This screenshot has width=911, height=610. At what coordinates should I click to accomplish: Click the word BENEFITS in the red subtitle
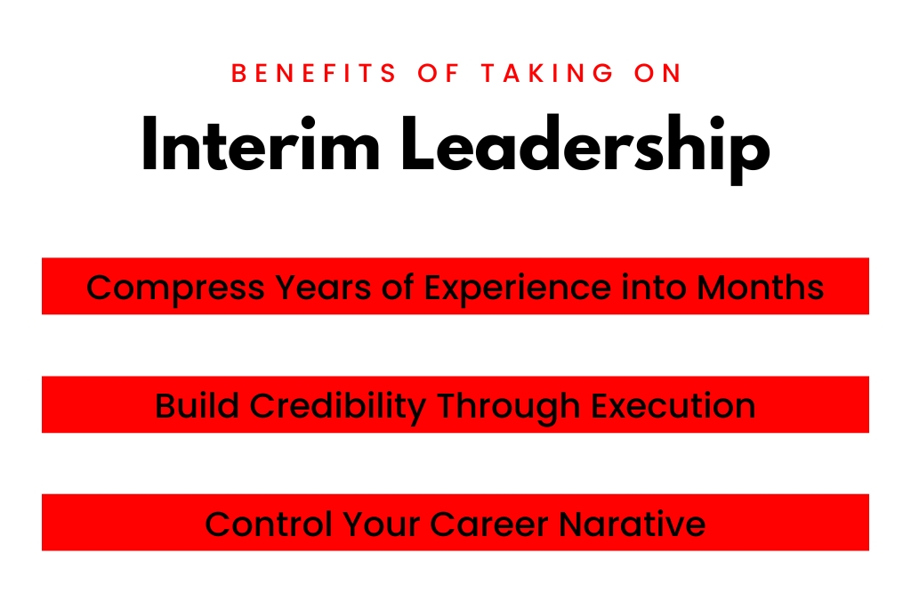(x=314, y=73)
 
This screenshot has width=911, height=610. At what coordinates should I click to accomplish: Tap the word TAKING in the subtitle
(x=547, y=73)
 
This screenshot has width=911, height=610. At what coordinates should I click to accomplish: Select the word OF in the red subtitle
(x=439, y=73)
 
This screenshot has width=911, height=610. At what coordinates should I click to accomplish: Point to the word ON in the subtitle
(x=657, y=73)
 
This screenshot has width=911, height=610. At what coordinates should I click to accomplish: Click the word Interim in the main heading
(x=261, y=143)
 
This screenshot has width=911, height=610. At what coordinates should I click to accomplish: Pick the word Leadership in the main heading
(x=585, y=149)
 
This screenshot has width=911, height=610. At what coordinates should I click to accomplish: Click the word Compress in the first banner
(x=175, y=289)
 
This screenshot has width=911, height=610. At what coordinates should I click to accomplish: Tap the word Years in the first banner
(x=323, y=289)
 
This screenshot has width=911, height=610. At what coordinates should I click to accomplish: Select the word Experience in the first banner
(x=518, y=289)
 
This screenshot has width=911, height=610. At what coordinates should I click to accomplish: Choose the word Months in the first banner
(x=760, y=288)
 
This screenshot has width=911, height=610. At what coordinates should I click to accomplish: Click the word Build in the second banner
(x=197, y=405)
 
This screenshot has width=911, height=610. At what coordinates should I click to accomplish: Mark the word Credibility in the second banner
(x=338, y=406)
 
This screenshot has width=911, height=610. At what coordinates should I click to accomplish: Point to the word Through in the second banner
(x=508, y=406)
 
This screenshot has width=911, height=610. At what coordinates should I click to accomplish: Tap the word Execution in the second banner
(x=673, y=405)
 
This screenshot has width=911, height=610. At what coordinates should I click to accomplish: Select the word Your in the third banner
(x=381, y=524)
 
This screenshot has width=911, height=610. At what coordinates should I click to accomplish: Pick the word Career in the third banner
(x=489, y=524)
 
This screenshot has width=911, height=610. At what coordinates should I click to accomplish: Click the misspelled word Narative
(x=633, y=524)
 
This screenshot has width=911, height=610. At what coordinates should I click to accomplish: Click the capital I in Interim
(x=149, y=143)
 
